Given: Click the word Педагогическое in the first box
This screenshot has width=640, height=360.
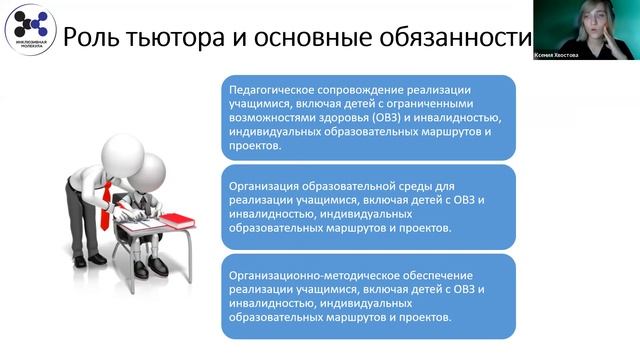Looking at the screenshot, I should coord(277,87).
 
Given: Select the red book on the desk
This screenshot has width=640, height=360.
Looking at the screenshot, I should coord(179,219).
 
